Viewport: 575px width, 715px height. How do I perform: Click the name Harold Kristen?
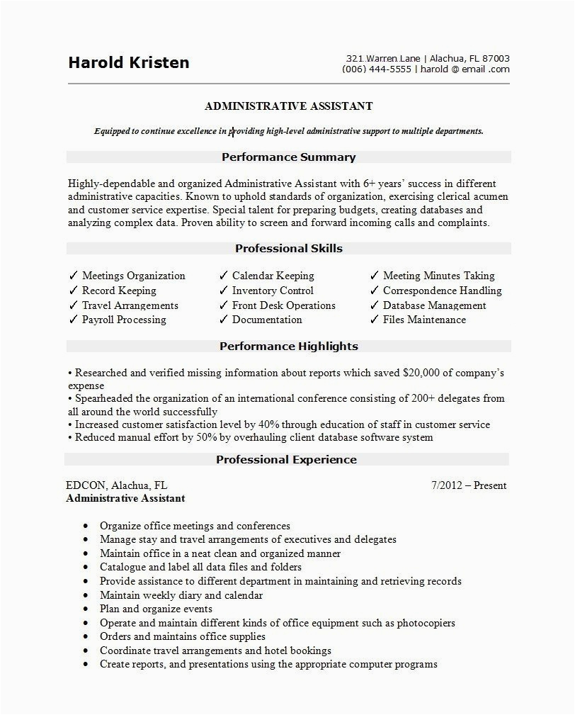coord(128,62)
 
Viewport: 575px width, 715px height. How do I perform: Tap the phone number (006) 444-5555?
coord(376,69)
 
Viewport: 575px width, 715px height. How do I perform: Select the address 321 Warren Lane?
coord(384,58)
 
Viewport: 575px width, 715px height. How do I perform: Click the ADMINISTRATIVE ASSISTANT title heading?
coord(288,106)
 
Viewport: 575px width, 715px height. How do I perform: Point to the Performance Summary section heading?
coord(288,157)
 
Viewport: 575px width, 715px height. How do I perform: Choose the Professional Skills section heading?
coord(288,249)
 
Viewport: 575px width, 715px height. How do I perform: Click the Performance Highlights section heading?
coord(288,347)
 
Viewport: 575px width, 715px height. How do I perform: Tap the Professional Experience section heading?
coord(286,460)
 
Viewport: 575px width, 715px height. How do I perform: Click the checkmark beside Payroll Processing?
coord(73,320)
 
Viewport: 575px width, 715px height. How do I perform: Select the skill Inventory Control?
coord(273,291)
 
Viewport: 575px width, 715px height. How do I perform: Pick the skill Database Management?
coord(434,305)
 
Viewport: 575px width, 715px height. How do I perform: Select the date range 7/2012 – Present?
coord(469,485)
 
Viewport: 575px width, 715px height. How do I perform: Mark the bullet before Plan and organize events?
coord(86,609)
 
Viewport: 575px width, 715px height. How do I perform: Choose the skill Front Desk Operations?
coord(283,305)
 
